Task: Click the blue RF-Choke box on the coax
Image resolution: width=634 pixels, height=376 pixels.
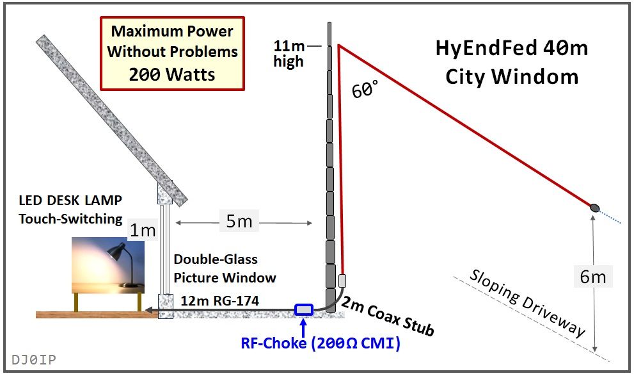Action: point(303,310)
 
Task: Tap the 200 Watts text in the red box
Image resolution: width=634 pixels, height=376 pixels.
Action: point(172,74)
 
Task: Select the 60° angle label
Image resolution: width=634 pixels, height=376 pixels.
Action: point(365,91)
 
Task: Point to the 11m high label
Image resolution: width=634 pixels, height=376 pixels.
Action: point(289,54)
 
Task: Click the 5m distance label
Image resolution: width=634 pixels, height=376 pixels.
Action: point(239,222)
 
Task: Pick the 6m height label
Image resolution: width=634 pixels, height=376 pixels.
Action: point(592,277)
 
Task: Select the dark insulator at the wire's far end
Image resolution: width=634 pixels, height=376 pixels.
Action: point(594,208)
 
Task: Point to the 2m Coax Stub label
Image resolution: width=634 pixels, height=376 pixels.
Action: point(388,316)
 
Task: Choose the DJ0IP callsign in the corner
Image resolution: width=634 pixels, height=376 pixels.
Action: point(33,359)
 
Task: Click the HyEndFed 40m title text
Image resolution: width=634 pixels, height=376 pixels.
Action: point(512,49)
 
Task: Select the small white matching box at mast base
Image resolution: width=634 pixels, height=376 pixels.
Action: point(342,280)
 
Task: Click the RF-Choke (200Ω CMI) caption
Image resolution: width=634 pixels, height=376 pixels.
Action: point(321,343)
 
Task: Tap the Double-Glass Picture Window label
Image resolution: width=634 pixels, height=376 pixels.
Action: point(225,268)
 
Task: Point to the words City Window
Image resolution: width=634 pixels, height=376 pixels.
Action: point(512,77)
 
